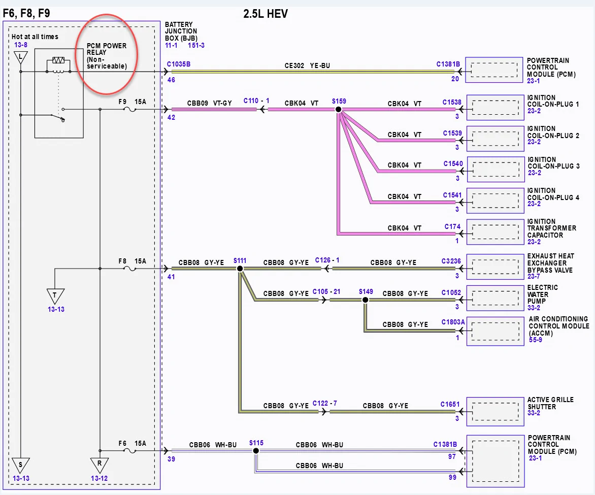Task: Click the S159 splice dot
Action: [x=338, y=109]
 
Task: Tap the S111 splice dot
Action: [x=240, y=269]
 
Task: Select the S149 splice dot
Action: [x=365, y=300]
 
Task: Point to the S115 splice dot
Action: [x=256, y=451]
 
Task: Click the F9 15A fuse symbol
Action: [x=130, y=109]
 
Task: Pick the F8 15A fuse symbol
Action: [x=130, y=269]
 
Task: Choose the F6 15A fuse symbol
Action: [x=130, y=451]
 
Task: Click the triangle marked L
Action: [x=20, y=57]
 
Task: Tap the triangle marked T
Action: [x=55, y=295]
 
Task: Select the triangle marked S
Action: [x=20, y=465]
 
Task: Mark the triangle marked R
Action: [x=100, y=465]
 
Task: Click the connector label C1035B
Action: [x=179, y=64]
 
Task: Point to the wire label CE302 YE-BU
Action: [x=307, y=65]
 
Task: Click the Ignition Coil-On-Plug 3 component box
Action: [x=495, y=169]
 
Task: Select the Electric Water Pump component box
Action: [x=495, y=299]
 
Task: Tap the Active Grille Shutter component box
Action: [x=495, y=412]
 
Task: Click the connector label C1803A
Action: [x=453, y=322]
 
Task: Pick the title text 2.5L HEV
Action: [x=266, y=14]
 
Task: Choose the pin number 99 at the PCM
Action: [x=452, y=477]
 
